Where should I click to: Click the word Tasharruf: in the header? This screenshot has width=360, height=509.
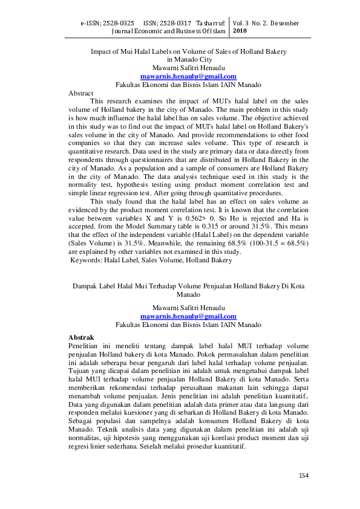(211, 23)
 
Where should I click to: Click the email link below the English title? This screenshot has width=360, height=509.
(188, 77)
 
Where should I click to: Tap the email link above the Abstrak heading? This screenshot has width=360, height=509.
(188, 316)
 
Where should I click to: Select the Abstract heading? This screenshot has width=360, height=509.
(81, 94)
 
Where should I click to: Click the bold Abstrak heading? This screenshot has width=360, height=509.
(81, 336)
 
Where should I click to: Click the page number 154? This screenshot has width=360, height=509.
(304, 476)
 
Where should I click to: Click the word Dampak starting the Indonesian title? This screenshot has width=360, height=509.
(85, 286)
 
